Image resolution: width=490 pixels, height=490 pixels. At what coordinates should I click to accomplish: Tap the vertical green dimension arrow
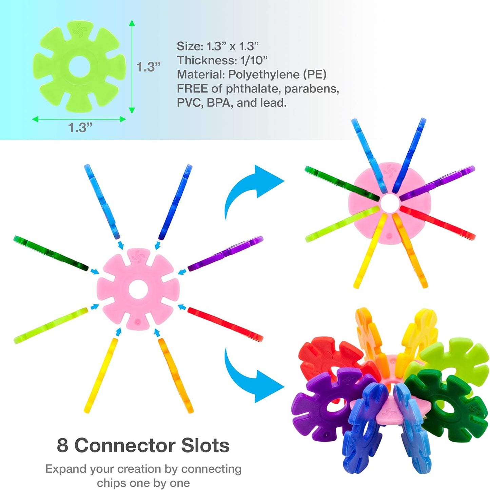point(132,67)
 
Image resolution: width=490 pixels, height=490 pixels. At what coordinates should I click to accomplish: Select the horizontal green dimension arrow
point(79,119)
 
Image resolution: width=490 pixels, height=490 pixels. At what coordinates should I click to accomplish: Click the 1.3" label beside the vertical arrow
point(149,67)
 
